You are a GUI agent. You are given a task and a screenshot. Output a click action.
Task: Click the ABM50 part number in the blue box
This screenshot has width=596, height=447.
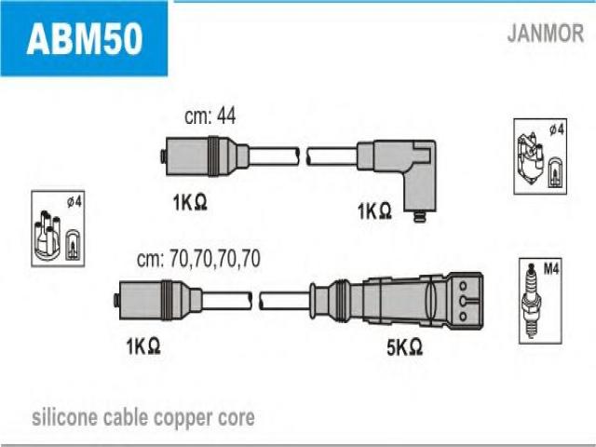pos(85,38)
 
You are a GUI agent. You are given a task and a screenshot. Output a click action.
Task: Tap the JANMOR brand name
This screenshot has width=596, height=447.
pos(546,34)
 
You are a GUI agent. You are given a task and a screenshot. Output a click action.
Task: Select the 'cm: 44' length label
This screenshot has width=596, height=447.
pos(210,115)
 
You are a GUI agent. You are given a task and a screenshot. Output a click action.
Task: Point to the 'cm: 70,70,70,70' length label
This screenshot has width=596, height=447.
pos(198,259)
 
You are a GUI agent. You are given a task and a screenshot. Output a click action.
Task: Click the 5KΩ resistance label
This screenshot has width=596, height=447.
pos(404,346)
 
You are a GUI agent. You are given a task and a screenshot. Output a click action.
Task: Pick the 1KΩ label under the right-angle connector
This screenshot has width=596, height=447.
pos(374,211)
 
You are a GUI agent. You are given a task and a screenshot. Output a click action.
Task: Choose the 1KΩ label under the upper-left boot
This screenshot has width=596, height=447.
pos(190,202)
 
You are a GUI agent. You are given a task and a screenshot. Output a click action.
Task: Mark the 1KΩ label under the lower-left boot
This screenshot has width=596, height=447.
pos(142,346)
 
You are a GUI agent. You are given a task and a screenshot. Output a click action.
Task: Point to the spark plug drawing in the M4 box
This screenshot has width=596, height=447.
pos(532,300)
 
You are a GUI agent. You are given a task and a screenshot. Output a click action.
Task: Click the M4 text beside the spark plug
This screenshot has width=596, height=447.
pos(551,269)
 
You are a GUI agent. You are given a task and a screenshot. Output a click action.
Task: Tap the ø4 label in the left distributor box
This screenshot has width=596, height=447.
pos(74,201)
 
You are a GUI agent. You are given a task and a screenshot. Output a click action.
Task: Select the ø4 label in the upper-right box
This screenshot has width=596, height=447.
pos(556,129)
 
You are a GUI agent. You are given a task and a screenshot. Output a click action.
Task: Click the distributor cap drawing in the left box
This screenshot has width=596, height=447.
pos(47,236)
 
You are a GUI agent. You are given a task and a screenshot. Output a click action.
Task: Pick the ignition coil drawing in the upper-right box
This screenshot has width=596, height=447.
pos(531,159)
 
